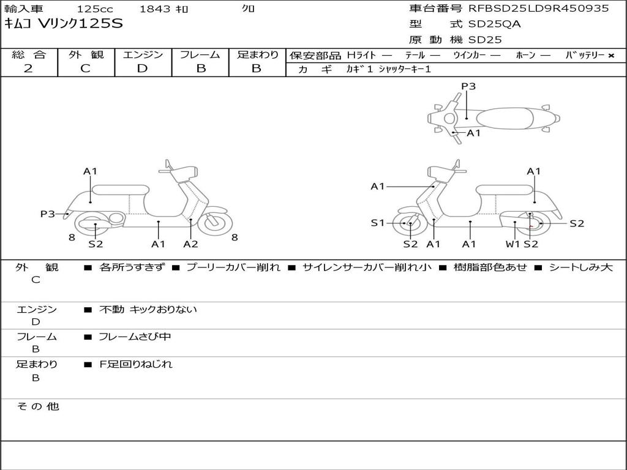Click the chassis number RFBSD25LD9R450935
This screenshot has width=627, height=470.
click(x=538, y=9)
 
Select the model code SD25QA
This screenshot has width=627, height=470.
click(x=495, y=24)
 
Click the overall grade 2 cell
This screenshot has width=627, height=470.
click(x=28, y=69)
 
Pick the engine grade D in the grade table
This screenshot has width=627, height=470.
click(x=142, y=69)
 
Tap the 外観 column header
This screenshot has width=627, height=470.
click(x=86, y=55)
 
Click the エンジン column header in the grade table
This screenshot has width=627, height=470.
click(x=143, y=55)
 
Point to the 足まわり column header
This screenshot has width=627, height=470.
click(x=257, y=55)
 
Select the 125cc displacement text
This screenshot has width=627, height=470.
click(x=94, y=9)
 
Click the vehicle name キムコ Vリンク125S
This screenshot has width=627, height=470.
click(x=64, y=24)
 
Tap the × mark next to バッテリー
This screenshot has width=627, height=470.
click(x=610, y=56)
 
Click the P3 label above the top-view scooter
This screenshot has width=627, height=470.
click(x=468, y=86)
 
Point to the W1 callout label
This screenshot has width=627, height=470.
click(x=512, y=244)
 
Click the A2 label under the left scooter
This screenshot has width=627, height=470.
click(x=190, y=244)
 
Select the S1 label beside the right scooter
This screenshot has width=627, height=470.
click(x=378, y=223)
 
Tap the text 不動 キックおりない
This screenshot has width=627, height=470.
click(x=148, y=310)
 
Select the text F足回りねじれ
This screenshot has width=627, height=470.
click(x=136, y=364)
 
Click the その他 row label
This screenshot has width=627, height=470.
click(x=38, y=406)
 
